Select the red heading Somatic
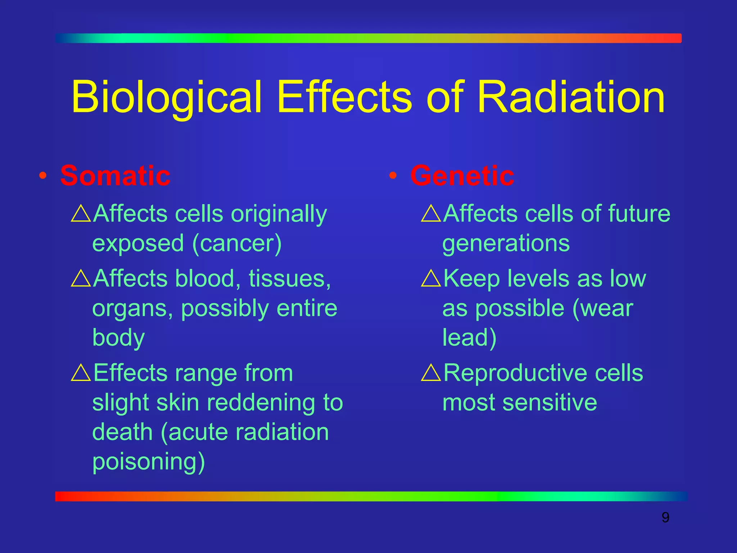click(115, 176)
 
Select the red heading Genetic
click(462, 176)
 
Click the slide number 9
click(665, 518)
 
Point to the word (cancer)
click(237, 244)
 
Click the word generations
click(506, 244)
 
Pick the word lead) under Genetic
click(469, 338)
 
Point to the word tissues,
click(290, 279)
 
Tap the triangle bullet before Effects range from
click(81, 373)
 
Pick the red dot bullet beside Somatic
click(43, 176)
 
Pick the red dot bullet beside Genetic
click(393, 176)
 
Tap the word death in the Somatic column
click(122, 432)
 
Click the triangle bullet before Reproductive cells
click(431, 373)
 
